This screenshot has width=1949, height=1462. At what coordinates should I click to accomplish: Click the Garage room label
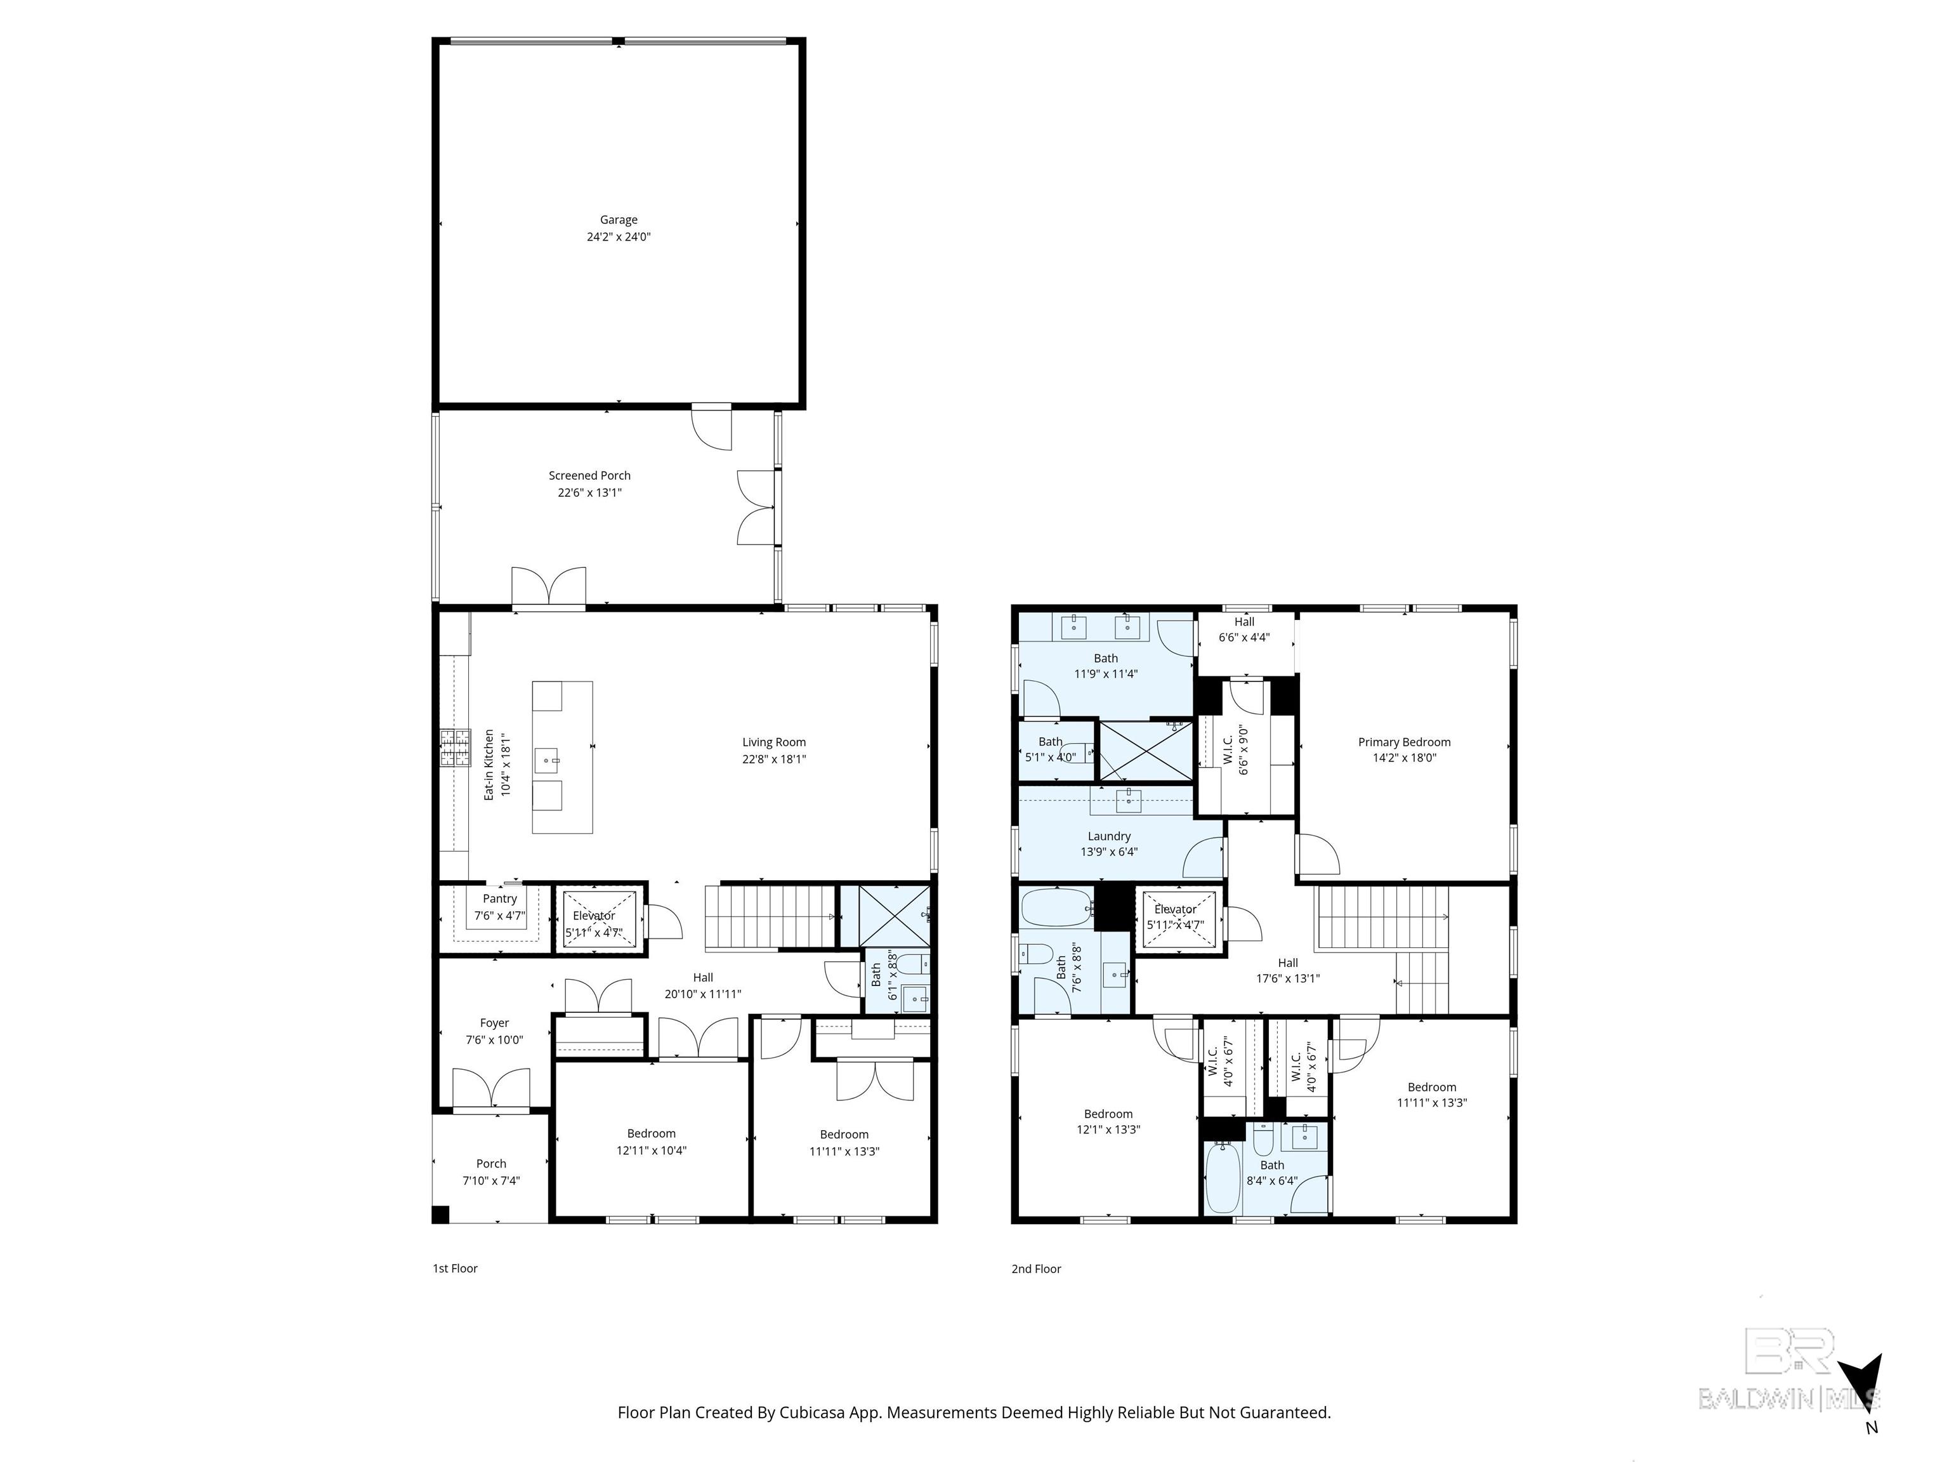pyautogui.click(x=619, y=220)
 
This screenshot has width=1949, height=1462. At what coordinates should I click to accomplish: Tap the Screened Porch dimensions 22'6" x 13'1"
pyautogui.click(x=589, y=492)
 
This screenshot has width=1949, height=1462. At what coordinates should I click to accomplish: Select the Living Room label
pyautogui.click(x=773, y=742)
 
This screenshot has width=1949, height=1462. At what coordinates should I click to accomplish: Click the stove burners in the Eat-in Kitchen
pyautogui.click(x=455, y=748)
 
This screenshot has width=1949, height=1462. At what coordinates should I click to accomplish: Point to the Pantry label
pyautogui.click(x=499, y=899)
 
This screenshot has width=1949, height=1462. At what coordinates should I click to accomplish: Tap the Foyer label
pyautogui.click(x=494, y=1023)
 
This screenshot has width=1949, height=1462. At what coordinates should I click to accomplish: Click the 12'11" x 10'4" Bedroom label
pyautogui.click(x=651, y=1133)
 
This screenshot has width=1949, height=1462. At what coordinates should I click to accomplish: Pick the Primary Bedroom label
pyautogui.click(x=1403, y=742)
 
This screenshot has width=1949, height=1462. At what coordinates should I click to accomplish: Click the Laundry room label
pyautogui.click(x=1108, y=836)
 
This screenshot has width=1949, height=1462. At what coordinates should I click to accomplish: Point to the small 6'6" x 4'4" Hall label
pyautogui.click(x=1244, y=622)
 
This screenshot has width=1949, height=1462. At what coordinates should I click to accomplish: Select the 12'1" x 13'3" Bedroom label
pyautogui.click(x=1108, y=1114)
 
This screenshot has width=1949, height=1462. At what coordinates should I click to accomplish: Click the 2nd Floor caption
pyautogui.click(x=1036, y=1269)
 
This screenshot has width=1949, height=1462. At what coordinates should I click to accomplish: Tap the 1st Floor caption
pyautogui.click(x=455, y=1269)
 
